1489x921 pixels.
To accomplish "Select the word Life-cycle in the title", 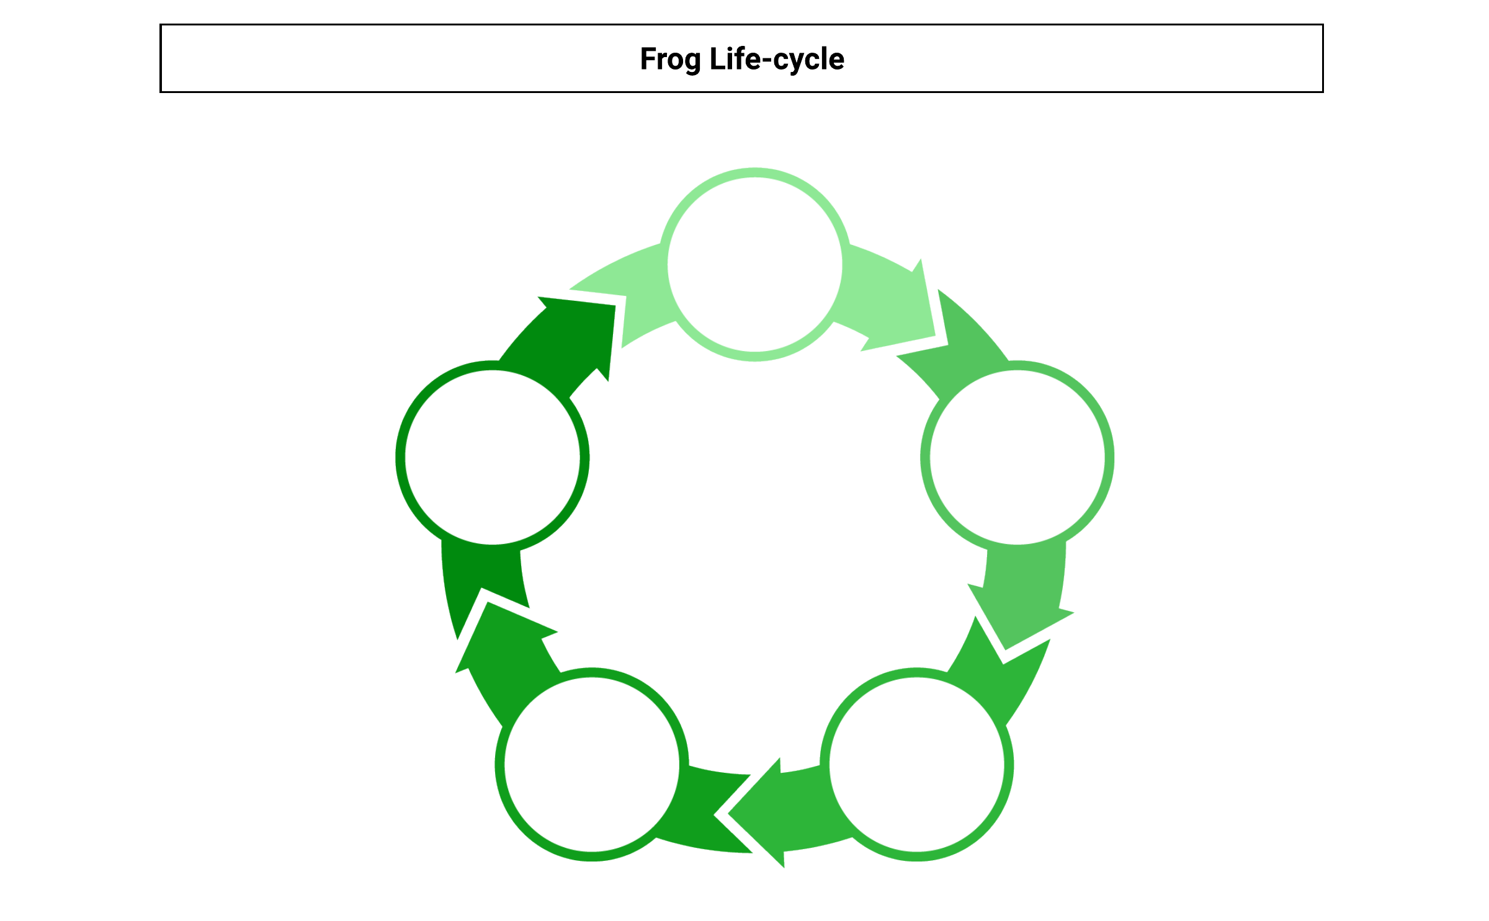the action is point(777,59).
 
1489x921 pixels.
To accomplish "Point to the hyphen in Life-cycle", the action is point(765,61).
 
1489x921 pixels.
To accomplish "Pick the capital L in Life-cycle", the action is point(717,59).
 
